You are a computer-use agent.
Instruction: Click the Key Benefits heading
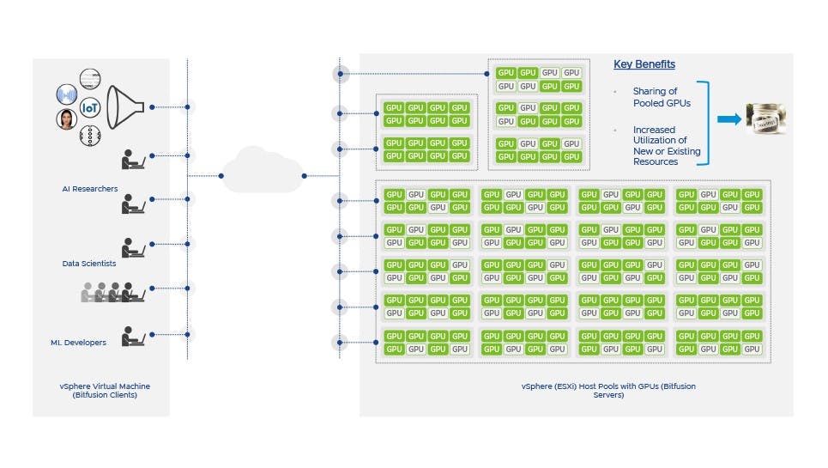(644, 64)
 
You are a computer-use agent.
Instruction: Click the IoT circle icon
(90, 109)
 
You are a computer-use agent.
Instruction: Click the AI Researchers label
(90, 188)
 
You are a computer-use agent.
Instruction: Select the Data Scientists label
(89, 264)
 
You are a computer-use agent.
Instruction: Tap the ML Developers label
(78, 343)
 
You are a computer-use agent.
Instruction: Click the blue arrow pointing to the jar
(728, 119)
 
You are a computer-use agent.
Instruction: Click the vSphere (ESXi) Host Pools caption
(608, 391)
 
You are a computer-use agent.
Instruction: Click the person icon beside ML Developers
(133, 336)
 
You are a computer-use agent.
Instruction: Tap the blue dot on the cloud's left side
(222, 176)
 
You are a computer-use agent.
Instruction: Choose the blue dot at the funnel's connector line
(152, 107)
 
